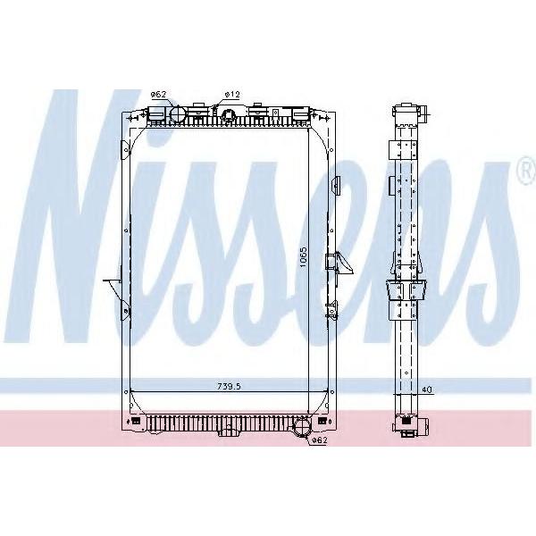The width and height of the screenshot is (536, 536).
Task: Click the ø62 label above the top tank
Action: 158,95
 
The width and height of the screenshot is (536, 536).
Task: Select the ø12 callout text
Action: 232,95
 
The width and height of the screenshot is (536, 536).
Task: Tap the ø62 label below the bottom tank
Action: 320,440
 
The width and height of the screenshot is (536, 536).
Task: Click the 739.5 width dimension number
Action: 229,386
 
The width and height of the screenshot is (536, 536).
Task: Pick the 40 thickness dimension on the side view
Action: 427,389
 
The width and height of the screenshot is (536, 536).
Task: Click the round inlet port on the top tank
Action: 178,113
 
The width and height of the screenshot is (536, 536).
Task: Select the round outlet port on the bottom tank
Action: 302,428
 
